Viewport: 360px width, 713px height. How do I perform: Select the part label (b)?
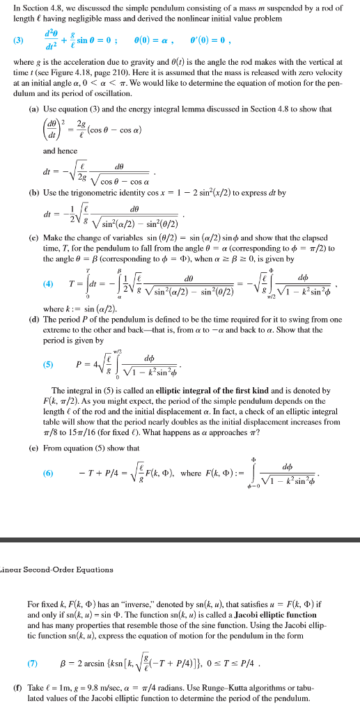pyautogui.click(x=33, y=191)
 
